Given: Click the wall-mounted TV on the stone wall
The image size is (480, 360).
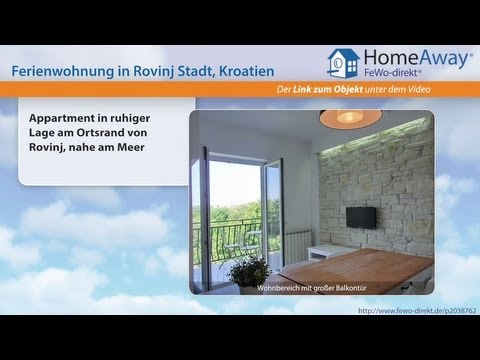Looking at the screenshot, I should tap(361, 217).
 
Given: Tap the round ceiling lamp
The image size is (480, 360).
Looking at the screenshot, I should tap(350, 118).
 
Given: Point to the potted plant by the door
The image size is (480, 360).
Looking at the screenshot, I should tap(247, 268).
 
